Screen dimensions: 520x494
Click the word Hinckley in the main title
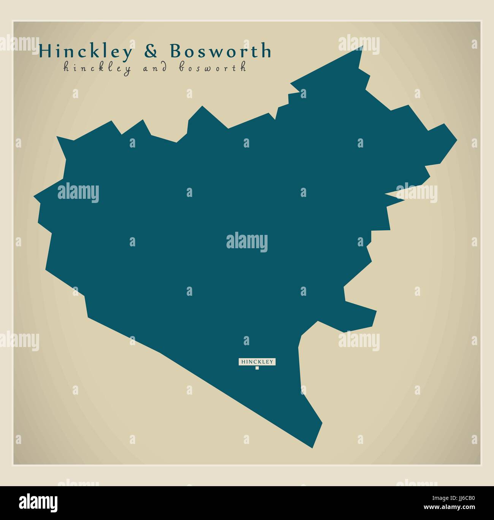pyautogui.click(x=86, y=51)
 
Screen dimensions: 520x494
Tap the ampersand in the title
pyautogui.click(x=151, y=51)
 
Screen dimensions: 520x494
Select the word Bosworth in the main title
pyautogui.click(x=220, y=51)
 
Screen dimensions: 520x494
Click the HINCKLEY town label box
pyautogui.click(x=257, y=362)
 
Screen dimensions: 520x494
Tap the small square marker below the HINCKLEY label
pyautogui.click(x=257, y=368)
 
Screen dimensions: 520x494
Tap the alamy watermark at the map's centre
pyautogui.click(x=247, y=242)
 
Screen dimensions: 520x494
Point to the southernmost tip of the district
pyautogui.click(x=312, y=447)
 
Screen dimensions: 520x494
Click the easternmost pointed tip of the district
pyautogui.click(x=456, y=140)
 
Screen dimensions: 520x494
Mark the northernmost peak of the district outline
pyautogui.click(x=363, y=46)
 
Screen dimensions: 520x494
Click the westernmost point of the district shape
pyautogui.click(x=34, y=197)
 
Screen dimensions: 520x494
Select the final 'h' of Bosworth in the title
pyautogui.click(x=267, y=51)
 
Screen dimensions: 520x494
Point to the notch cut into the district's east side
pyautogui.click(x=387, y=195)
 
